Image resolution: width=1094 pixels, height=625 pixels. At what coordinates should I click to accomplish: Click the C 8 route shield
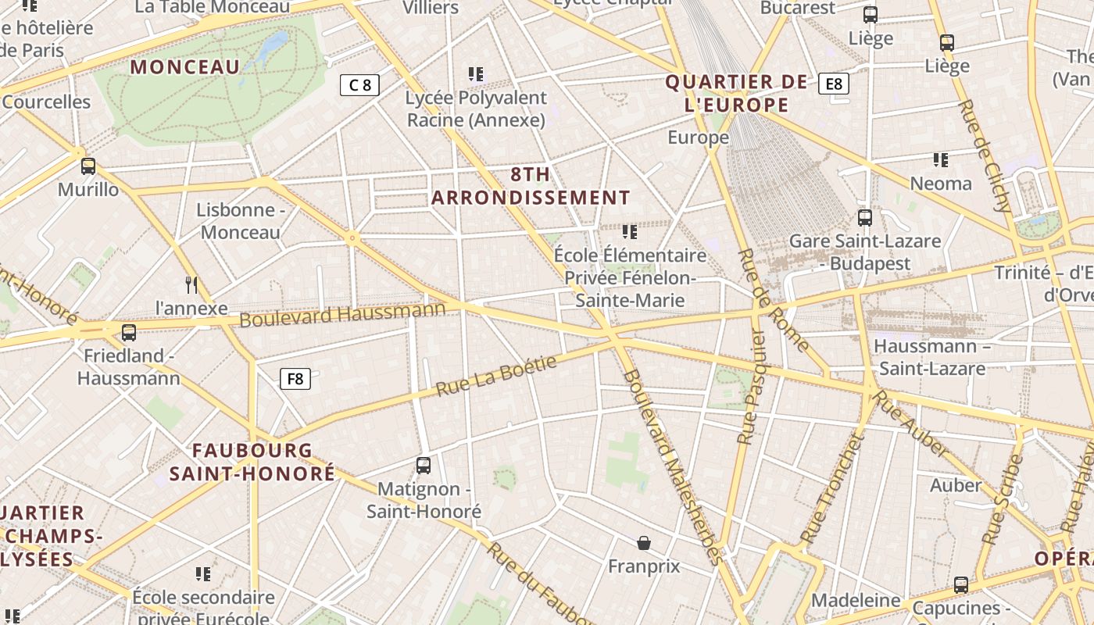[x=359, y=85]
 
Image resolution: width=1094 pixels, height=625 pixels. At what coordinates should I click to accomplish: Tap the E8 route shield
[x=834, y=83]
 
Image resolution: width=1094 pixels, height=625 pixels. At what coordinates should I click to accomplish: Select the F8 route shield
[x=295, y=379]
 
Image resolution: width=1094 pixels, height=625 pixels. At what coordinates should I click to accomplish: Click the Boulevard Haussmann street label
[x=342, y=314]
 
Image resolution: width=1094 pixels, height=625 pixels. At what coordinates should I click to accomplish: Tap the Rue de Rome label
[x=774, y=301]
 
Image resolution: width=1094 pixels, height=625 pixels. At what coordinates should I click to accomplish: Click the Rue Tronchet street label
[x=833, y=489]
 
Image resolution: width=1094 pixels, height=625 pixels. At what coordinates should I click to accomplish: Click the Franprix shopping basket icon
[x=644, y=543]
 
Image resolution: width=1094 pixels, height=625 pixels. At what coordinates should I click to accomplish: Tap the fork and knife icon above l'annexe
[x=191, y=284]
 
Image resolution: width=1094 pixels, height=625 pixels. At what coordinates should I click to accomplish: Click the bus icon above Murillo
[x=88, y=166]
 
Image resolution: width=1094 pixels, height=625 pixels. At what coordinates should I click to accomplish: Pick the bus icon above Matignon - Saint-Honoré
[x=424, y=466]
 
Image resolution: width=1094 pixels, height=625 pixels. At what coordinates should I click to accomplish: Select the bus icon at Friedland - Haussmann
[x=129, y=333]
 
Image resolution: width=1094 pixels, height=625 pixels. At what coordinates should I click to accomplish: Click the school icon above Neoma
[x=941, y=160]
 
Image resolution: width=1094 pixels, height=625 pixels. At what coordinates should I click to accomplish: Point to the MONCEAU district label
[x=185, y=67]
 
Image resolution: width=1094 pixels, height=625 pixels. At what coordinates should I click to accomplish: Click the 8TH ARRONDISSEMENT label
[x=531, y=186]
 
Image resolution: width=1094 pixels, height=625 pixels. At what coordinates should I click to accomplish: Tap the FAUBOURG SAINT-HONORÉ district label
[x=252, y=462]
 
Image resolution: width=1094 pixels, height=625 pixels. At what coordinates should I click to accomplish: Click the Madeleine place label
[x=856, y=600]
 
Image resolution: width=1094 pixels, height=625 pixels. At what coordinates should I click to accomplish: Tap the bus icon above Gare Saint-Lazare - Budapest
[x=864, y=218]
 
